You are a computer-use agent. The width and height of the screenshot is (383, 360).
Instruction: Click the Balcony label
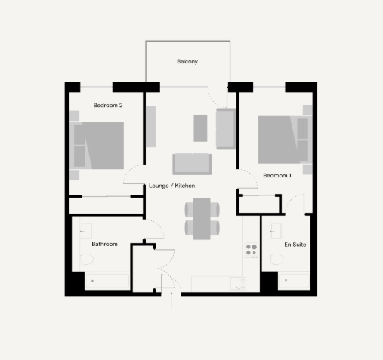(187, 62)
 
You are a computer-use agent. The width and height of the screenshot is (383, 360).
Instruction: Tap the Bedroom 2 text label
(108, 106)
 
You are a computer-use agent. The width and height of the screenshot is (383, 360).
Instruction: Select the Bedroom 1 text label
(277, 175)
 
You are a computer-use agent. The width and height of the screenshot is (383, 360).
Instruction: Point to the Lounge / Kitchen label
(172, 186)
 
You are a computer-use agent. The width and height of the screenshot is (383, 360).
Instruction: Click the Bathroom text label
(104, 244)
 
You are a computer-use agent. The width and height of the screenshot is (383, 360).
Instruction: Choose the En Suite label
(295, 245)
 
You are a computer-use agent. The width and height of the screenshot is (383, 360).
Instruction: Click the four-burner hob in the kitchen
(252, 250)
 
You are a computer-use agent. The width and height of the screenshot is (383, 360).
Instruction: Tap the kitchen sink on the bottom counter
(238, 284)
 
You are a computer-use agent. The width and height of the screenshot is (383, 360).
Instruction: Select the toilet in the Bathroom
(86, 259)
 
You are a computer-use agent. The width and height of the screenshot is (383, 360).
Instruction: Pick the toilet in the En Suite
(276, 259)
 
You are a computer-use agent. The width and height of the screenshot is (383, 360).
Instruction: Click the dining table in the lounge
(202, 219)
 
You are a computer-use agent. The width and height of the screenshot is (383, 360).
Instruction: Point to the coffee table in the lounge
(200, 128)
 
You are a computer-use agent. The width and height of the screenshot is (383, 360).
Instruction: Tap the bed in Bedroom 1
(285, 140)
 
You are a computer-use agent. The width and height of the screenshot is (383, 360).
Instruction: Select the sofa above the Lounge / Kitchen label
(192, 164)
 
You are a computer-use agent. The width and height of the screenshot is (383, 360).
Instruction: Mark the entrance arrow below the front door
(171, 300)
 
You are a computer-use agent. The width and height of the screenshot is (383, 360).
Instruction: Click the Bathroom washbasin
(86, 231)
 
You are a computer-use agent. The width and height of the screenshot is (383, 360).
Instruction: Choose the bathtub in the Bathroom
(107, 281)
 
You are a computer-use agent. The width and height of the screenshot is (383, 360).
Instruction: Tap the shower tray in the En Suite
(294, 280)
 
